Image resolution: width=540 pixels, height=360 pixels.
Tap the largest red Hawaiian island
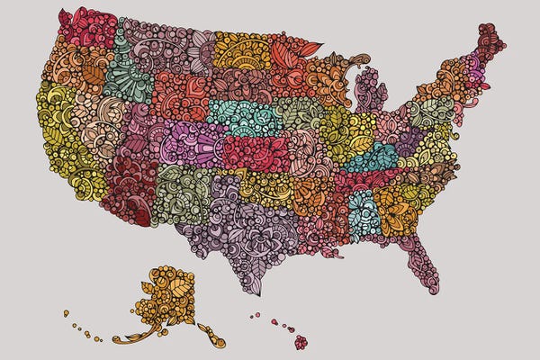(x=301, y=342)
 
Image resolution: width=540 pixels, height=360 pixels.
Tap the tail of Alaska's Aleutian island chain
(x=67, y=312)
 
